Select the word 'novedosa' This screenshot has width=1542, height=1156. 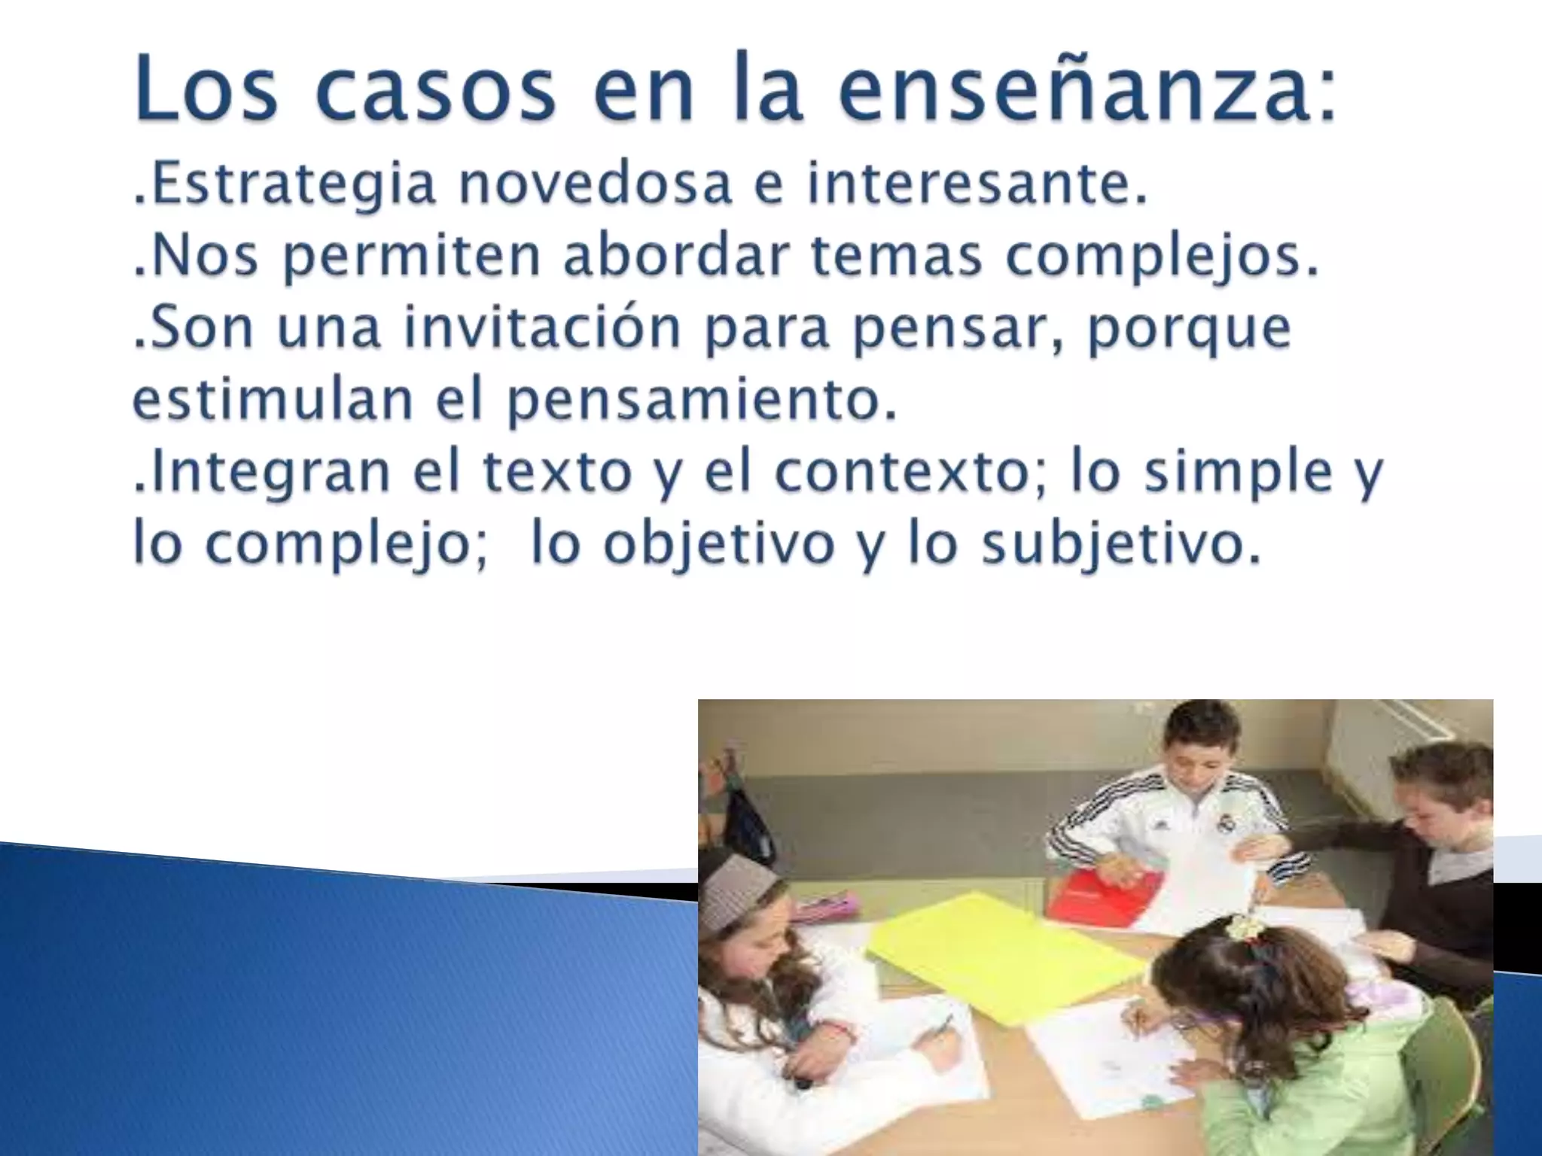(595, 184)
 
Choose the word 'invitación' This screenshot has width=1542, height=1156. (542, 327)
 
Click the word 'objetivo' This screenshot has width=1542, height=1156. (719, 543)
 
